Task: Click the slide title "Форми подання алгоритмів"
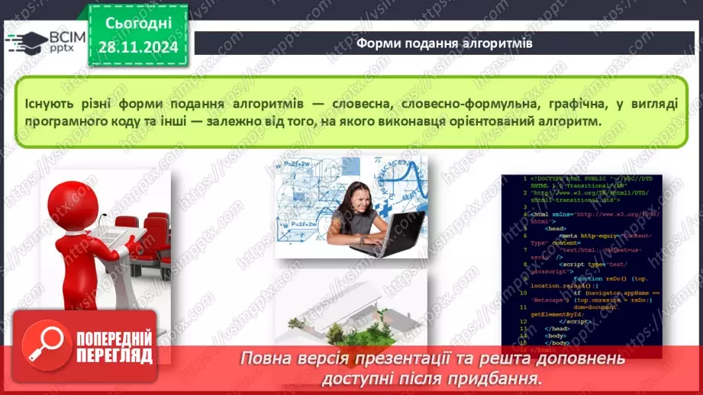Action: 445,43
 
